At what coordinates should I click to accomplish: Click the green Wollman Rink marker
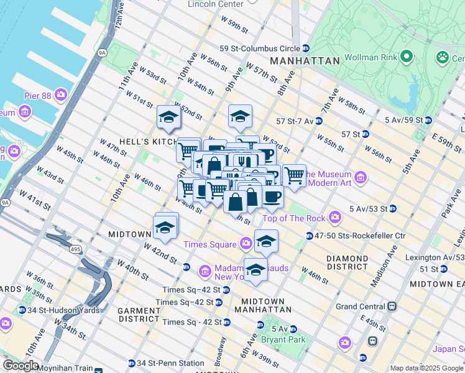[407, 57]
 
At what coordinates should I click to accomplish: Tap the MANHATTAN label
[305, 61]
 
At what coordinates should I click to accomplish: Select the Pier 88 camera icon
[61, 94]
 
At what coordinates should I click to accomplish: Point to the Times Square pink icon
[246, 243]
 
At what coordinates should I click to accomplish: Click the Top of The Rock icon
[335, 218]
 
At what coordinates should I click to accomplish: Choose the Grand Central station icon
[392, 306]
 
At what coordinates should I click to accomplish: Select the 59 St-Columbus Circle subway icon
[305, 48]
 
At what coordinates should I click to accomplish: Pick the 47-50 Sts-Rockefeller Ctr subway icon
[309, 236]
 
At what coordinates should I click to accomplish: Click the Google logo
[21, 366]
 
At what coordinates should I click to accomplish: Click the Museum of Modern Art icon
[361, 178]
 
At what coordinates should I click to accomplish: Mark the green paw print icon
[443, 57]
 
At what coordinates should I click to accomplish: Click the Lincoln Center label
[215, 4]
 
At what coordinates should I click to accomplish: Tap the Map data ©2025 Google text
[426, 367]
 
